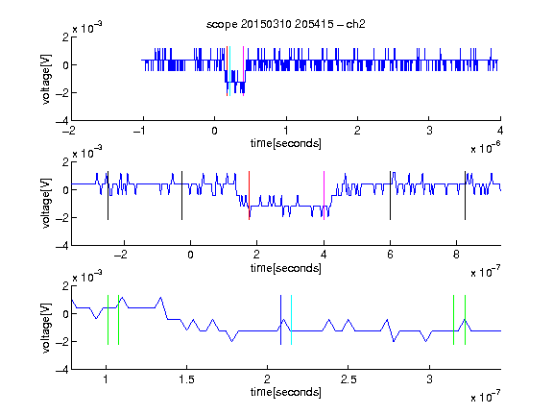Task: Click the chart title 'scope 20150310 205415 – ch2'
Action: pos(286,24)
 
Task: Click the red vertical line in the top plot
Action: pos(228,71)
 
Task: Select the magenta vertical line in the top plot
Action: pos(243,71)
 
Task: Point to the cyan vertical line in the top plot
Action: pos(230,71)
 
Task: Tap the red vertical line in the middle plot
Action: pos(249,196)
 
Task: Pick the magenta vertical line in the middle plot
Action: pos(324,196)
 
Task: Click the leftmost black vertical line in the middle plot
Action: pos(108,196)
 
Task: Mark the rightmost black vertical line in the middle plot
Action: pos(465,196)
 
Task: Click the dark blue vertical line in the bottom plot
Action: pos(280,320)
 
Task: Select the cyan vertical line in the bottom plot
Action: pos(291,320)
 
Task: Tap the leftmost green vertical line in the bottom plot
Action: pos(108,320)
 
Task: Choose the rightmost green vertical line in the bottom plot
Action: pos(466,320)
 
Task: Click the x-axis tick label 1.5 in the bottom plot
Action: pos(186,379)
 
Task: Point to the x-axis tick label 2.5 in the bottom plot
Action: pos(349,379)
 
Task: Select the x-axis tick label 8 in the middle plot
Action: pos(456,255)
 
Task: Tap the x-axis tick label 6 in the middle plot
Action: pos(390,255)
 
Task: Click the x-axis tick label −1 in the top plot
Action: pos(140,131)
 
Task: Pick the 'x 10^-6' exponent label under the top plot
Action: pos(486,148)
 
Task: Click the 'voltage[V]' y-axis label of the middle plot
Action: pos(46,203)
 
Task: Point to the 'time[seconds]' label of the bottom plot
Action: pos(286,392)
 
